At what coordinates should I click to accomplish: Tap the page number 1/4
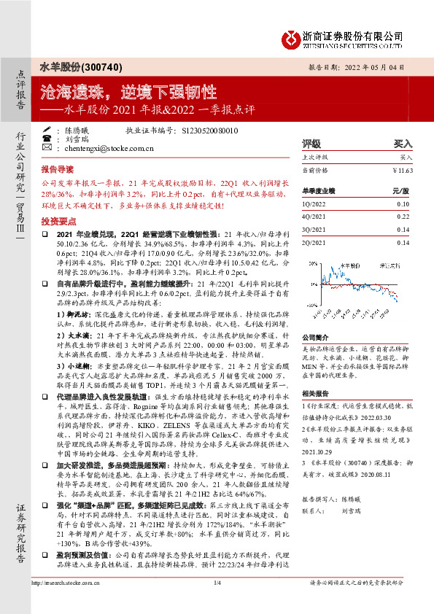tap(217, 604)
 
